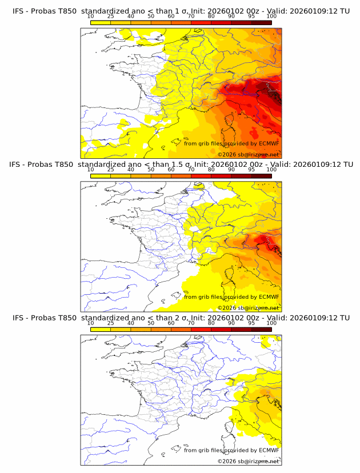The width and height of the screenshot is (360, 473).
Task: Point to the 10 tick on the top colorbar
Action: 90,17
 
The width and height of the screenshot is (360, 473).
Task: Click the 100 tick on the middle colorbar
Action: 271,170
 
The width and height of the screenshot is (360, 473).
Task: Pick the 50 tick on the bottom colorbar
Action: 151,323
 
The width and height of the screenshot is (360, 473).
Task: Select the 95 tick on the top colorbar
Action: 251,17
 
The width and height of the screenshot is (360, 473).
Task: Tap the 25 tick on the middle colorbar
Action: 110,170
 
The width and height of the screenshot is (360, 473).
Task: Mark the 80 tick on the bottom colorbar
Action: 211,323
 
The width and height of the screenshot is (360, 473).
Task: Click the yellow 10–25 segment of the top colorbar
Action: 101,22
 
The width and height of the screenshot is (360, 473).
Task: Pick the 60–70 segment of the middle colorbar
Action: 181,175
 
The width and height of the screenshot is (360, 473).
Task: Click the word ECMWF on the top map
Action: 269,144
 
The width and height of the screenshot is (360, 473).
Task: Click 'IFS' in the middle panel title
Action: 18,165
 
